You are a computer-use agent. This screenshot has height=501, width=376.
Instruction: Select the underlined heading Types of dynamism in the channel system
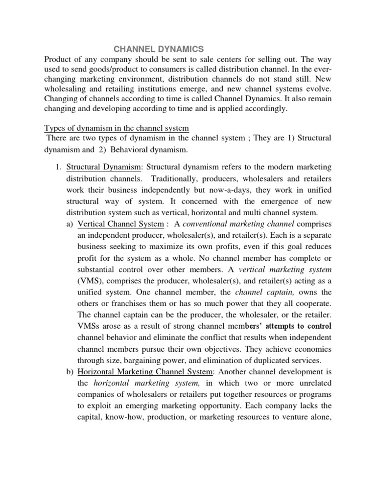(x=117, y=128)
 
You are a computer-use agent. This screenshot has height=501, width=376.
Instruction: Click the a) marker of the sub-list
(x=70, y=224)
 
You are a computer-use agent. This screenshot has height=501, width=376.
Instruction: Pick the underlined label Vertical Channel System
(x=120, y=224)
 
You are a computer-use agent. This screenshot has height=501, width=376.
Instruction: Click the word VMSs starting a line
(x=89, y=326)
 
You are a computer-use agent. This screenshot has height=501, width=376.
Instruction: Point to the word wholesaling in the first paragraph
(x=68, y=91)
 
